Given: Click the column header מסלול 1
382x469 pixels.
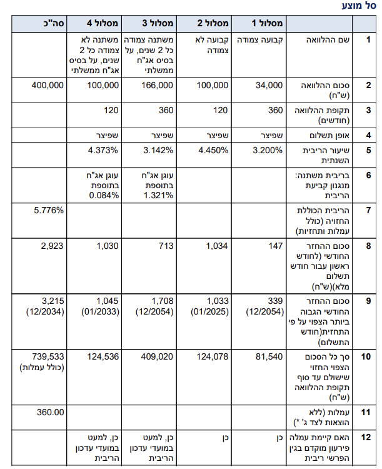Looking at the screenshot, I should point(267,23).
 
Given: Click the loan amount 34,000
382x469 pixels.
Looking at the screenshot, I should point(269,85).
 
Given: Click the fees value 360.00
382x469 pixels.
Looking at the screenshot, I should point(51,412).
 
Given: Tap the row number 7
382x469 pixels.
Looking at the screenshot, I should point(368,211).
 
